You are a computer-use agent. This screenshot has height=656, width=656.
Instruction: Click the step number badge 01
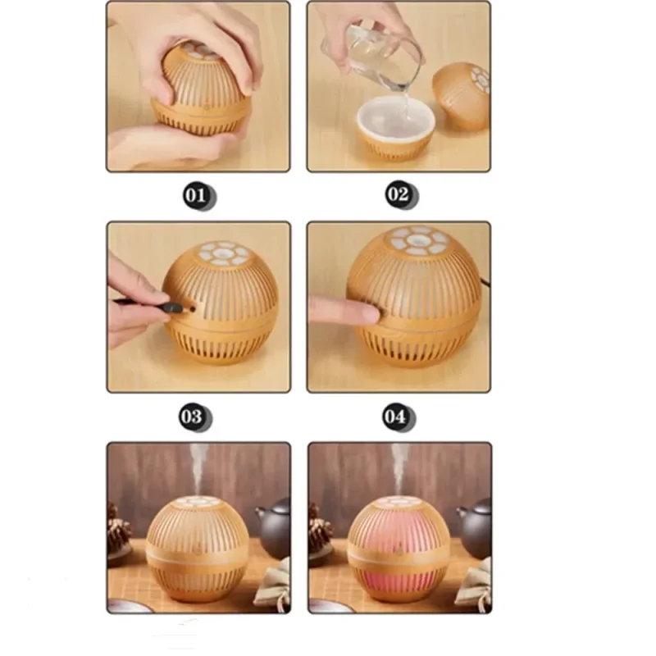pyautogui.click(x=198, y=196)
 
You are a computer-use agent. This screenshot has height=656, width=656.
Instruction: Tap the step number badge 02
pyautogui.click(x=400, y=194)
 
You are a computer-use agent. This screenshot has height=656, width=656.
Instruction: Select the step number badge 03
pyautogui.click(x=194, y=417)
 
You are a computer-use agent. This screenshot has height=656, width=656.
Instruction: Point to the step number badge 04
pyautogui.click(x=398, y=417)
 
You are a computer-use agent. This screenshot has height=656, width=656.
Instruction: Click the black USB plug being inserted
pyautogui.click(x=174, y=308)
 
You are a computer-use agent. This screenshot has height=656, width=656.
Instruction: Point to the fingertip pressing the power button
pyautogui.click(x=368, y=313)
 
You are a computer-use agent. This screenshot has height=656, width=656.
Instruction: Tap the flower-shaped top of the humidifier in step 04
pyautogui.click(x=419, y=241)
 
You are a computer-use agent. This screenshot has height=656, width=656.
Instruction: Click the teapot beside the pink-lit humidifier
pyautogui.click(x=476, y=528)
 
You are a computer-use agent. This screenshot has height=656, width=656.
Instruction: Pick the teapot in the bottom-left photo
pyautogui.click(x=274, y=528)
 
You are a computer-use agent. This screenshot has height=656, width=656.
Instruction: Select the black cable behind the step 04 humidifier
pyautogui.click(x=485, y=282)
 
